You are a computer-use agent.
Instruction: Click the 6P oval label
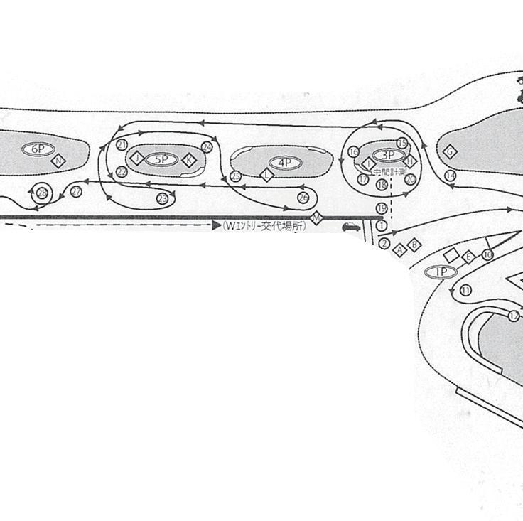click(x=38, y=149)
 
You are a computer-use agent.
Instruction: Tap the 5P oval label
click(x=161, y=159)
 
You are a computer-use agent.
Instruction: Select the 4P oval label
click(x=285, y=163)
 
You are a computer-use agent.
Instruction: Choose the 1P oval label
click(x=441, y=272)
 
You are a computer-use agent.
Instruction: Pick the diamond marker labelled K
click(x=188, y=160)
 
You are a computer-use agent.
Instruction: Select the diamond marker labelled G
click(x=449, y=151)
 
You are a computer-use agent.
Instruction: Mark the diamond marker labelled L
click(x=267, y=175)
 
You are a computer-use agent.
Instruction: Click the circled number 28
click(x=42, y=193)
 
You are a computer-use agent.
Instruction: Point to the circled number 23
click(x=163, y=198)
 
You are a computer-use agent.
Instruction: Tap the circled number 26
click(x=303, y=197)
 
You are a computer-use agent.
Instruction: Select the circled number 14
click(x=450, y=176)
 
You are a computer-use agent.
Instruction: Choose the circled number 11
click(x=465, y=290)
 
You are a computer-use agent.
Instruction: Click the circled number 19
click(x=382, y=208)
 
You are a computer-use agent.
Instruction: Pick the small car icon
click(x=351, y=227)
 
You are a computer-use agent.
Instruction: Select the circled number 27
click(x=76, y=192)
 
